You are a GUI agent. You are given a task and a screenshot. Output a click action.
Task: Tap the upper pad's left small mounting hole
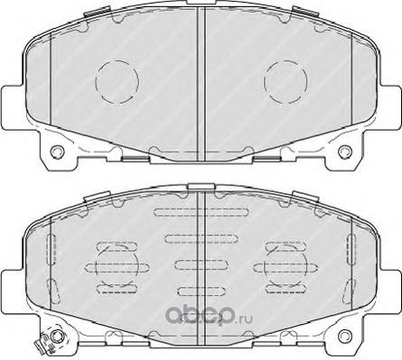pos(57,152)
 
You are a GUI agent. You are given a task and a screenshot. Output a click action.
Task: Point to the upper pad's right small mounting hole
pos(345,152)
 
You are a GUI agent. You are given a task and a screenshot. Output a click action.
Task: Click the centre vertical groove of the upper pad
pos(201,84)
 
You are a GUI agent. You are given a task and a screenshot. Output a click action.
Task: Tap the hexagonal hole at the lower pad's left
pos(56,336)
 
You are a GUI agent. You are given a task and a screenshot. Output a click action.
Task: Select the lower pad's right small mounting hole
pos(345,336)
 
